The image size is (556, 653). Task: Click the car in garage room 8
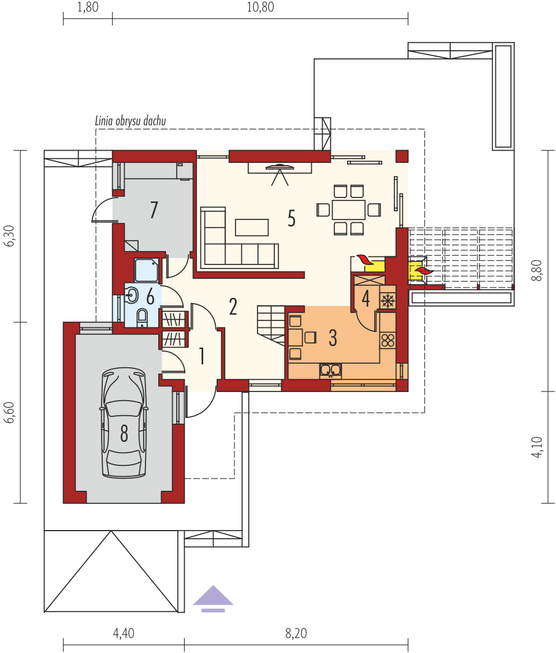[124, 423]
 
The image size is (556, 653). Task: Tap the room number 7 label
[154, 210]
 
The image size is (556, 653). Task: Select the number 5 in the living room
[292, 218]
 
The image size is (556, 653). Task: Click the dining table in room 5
[349, 210]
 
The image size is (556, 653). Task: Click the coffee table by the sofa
[252, 227]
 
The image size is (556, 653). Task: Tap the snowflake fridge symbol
[388, 300]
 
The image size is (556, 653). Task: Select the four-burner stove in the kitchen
[388, 340]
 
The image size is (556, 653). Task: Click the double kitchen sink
[331, 370]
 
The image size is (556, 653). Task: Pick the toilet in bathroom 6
[141, 316]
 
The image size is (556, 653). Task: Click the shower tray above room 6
[146, 270]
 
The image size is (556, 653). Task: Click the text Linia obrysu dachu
[130, 121]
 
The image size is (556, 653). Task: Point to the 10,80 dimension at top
[260, 7]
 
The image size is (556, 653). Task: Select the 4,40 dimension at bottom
[124, 633]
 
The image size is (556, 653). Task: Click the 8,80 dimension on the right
[538, 270]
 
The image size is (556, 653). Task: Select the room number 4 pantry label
[365, 298]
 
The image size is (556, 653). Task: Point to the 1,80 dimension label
[88, 7]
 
